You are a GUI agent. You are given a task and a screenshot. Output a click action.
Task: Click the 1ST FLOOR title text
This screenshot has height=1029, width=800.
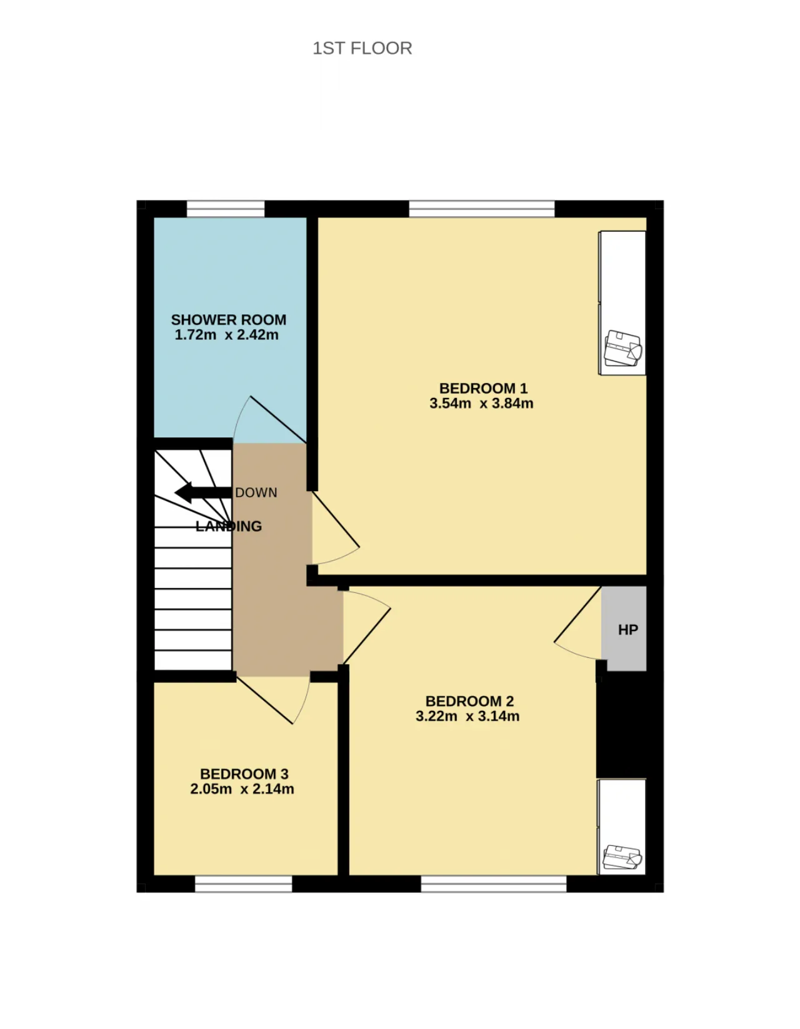pyautogui.click(x=362, y=48)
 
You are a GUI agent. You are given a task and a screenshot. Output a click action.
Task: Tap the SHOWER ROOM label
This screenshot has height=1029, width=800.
pyautogui.click(x=228, y=320)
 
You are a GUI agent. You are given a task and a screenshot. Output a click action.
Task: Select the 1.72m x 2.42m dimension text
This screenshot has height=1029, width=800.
pyautogui.click(x=226, y=335)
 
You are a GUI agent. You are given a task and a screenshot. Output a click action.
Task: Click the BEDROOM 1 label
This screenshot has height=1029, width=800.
pyautogui.click(x=483, y=389)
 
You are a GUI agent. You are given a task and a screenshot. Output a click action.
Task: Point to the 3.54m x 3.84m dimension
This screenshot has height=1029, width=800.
pyautogui.click(x=481, y=404)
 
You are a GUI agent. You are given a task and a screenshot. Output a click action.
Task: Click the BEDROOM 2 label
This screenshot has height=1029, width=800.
pyautogui.click(x=469, y=701)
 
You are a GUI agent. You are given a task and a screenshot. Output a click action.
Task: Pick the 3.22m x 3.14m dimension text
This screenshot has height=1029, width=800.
pyautogui.click(x=467, y=716)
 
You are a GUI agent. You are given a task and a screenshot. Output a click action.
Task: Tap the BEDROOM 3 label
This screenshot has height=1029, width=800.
pyautogui.click(x=244, y=773)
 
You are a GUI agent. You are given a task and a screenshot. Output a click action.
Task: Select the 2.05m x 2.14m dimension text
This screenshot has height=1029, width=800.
pyautogui.click(x=242, y=789)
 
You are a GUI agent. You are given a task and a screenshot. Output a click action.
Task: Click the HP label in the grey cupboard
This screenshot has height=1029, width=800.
pyautogui.click(x=628, y=630)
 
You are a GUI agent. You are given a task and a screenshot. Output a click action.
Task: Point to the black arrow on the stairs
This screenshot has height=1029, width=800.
pyautogui.click(x=203, y=492)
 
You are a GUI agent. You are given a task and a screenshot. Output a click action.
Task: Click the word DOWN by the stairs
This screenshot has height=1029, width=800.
pyautogui.click(x=256, y=493)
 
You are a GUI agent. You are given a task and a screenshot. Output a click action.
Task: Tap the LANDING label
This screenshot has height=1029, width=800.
pyautogui.click(x=229, y=526)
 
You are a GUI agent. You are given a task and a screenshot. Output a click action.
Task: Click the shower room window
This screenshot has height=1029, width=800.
pyautogui.click(x=226, y=209)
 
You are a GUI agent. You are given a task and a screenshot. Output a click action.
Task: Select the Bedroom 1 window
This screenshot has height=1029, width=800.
pyautogui.click(x=482, y=209)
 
